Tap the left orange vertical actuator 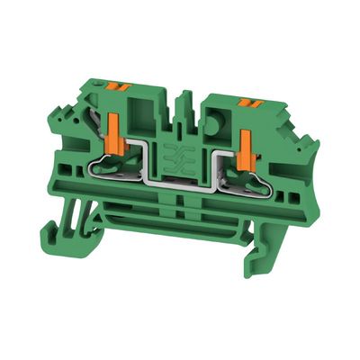116,127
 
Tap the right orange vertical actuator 246,145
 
